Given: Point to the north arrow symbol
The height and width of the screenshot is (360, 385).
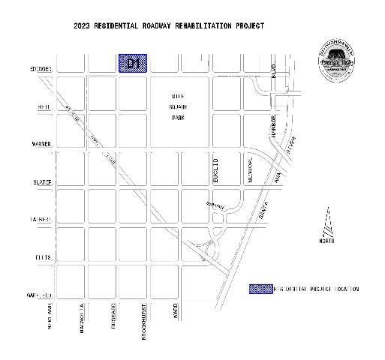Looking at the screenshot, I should click(x=326, y=223).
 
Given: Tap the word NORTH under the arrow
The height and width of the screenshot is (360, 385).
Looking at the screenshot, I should click(x=326, y=240).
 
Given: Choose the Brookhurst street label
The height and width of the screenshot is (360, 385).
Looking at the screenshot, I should click(x=144, y=322).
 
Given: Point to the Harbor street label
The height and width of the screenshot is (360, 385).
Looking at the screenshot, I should click(x=275, y=127).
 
